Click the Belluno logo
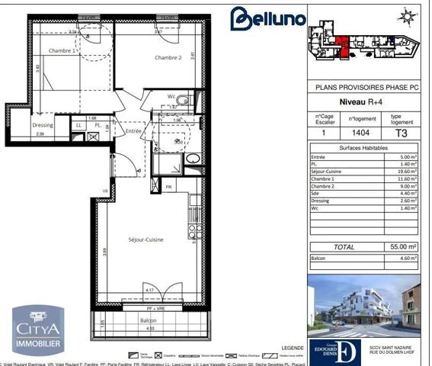(268, 20)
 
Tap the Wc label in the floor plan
(173, 97)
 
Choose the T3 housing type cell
(401, 133)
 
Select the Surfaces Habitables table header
(363, 147)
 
